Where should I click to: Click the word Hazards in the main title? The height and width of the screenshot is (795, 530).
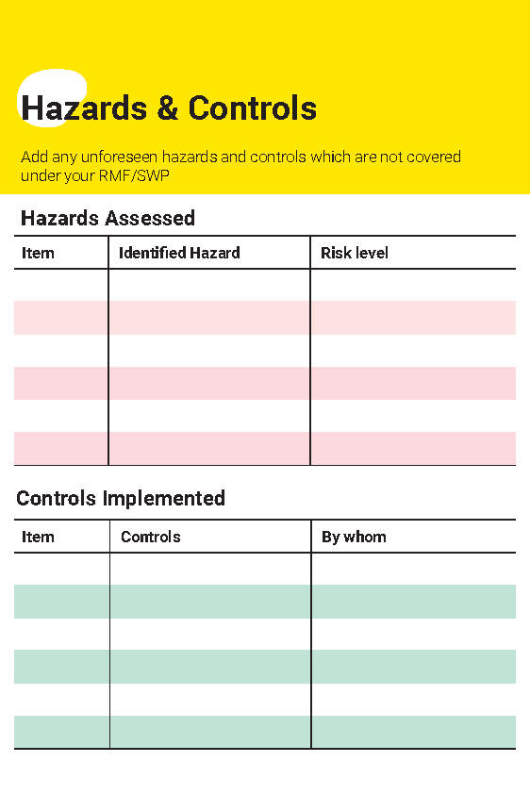84,108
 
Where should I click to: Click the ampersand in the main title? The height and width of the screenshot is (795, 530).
168,108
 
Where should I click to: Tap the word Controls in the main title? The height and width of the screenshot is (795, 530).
253,108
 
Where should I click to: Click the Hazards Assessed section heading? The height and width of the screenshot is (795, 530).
108,219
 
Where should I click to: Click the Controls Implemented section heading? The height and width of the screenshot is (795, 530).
121,498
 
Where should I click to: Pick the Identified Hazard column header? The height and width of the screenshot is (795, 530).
179,253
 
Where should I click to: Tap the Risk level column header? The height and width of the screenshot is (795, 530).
355,253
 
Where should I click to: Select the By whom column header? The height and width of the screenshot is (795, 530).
354,537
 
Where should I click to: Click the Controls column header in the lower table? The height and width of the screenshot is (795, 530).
151,537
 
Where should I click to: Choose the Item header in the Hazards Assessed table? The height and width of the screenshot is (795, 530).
38,253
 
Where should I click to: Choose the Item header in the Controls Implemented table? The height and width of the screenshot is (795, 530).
38,537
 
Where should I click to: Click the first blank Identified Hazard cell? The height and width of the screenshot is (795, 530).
209,285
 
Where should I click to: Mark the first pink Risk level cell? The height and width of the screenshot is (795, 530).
412,318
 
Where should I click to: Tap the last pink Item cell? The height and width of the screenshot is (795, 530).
61,448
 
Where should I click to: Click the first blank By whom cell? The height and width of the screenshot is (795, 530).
413,569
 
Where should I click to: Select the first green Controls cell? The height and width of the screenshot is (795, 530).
210,602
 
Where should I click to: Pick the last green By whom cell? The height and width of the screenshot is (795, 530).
413,732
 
